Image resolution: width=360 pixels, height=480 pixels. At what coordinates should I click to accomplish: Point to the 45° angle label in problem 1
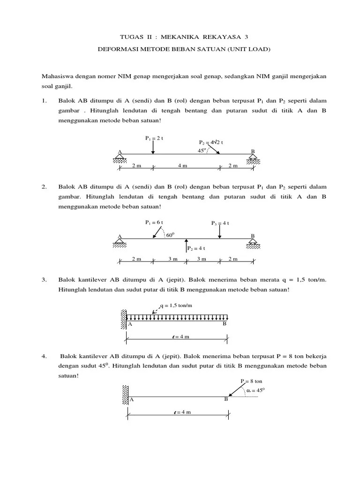coord(202,150)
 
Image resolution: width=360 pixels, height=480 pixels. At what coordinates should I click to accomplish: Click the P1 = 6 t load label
coord(154,223)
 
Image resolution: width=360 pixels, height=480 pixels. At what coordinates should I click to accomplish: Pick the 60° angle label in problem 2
coord(170,234)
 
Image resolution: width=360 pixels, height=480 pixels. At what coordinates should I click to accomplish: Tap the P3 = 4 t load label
coord(220,224)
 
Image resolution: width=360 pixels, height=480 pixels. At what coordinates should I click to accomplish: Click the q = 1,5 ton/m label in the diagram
coord(177,306)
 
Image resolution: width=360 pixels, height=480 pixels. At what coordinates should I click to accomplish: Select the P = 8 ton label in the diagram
coord(251,382)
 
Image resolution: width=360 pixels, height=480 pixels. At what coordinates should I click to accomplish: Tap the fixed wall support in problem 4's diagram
coord(125,395)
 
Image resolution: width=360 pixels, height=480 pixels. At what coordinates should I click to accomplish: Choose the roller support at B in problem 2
coord(253,243)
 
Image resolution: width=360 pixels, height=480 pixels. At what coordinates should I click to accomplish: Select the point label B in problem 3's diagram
coord(225,324)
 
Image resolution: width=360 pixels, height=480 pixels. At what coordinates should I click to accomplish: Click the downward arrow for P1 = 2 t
coord(153,147)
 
